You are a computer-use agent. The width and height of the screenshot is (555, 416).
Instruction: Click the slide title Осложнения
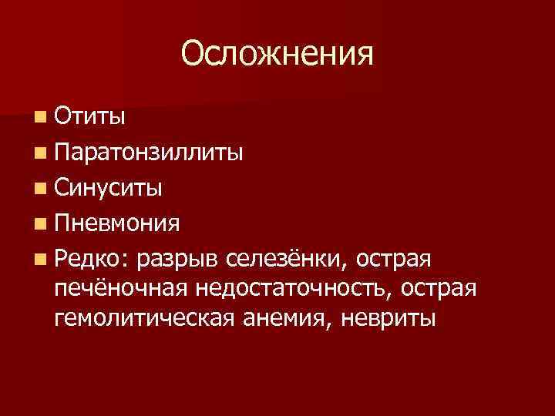(x=277, y=54)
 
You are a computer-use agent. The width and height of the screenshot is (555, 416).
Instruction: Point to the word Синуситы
(x=108, y=188)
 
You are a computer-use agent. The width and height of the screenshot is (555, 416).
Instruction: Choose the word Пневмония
(x=118, y=224)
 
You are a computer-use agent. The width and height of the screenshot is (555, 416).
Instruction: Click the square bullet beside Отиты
(x=39, y=117)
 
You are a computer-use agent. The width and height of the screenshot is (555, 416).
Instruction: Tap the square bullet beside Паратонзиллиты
(x=39, y=153)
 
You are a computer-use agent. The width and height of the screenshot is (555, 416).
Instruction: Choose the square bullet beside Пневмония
(x=39, y=224)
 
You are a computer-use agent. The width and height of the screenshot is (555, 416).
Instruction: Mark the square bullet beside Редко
(x=39, y=260)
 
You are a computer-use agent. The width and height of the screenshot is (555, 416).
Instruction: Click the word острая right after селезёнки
(x=401, y=260)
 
